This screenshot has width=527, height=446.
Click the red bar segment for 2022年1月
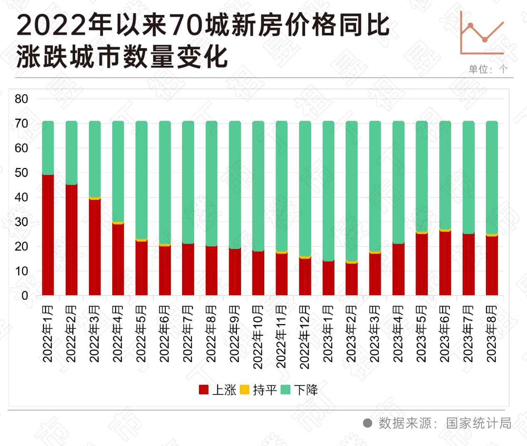(x=48, y=235)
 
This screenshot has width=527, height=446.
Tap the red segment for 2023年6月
(x=445, y=263)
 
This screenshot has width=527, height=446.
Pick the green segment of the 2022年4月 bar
(x=118, y=171)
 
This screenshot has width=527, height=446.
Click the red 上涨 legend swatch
(x=204, y=390)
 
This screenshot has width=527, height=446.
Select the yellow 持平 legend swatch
(x=244, y=390)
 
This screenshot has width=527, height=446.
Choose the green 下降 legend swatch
(x=286, y=390)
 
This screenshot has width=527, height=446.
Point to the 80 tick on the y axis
(x=21, y=99)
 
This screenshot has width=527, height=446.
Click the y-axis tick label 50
(x=21, y=173)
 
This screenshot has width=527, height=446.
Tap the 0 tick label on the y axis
(x=25, y=296)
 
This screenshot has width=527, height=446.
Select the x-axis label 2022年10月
(x=258, y=337)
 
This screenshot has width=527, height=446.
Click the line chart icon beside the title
(x=482, y=34)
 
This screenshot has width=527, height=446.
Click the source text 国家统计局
(x=478, y=423)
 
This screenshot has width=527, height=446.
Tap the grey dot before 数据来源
(x=367, y=423)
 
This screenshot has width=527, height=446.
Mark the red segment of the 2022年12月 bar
(x=305, y=277)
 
